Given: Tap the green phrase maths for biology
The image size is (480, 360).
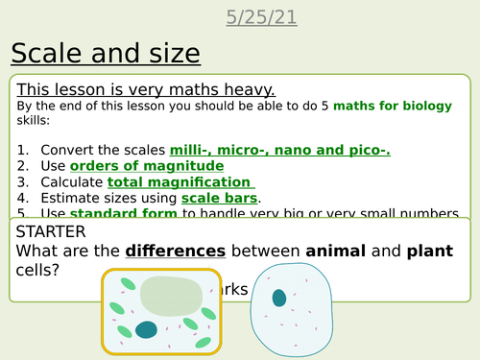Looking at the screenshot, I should pyautogui.click(x=402, y=105).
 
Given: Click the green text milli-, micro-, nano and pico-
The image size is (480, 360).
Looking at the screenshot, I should pyautogui.click(x=279, y=151).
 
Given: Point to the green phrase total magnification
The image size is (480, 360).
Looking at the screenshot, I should pyautogui.click(x=180, y=181).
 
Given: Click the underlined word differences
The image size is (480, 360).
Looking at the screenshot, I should pyautogui.click(x=175, y=251).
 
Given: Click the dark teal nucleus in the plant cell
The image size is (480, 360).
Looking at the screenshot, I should pyautogui.click(x=147, y=329).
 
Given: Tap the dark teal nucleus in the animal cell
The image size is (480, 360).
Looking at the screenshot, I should pyautogui.click(x=278, y=299).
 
